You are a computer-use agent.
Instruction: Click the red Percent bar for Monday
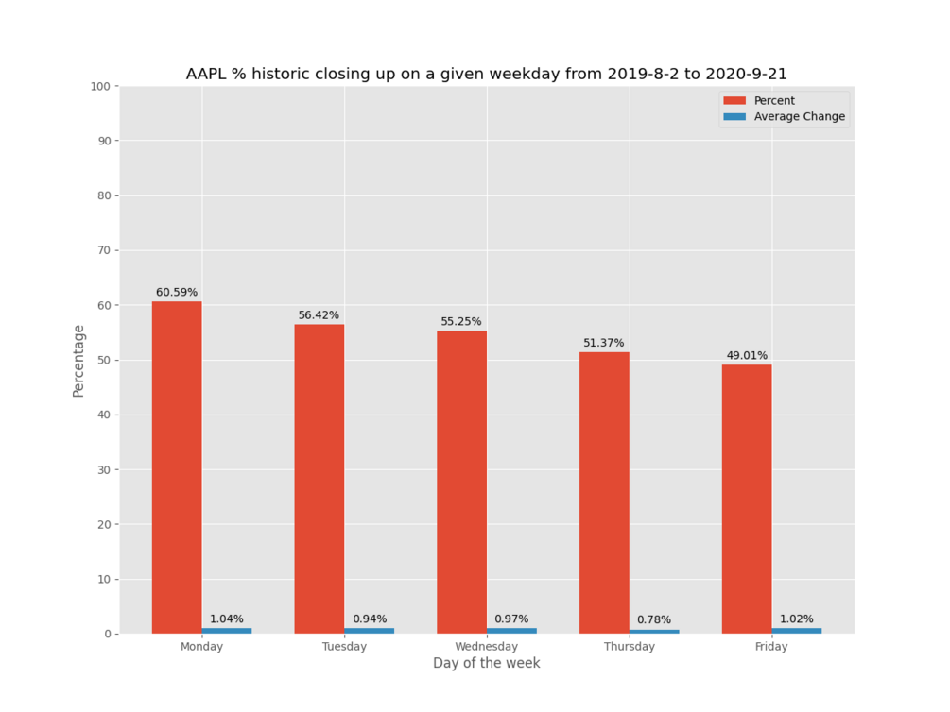(177, 467)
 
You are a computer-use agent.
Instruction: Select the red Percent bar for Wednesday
(461, 482)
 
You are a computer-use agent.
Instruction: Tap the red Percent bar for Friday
(747, 499)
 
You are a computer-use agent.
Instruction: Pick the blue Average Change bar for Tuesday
(369, 631)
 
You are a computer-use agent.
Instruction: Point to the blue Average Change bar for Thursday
(654, 632)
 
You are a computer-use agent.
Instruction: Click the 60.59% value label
(177, 293)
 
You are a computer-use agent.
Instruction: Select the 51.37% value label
(604, 343)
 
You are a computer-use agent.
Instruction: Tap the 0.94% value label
(370, 619)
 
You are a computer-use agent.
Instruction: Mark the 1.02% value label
(796, 619)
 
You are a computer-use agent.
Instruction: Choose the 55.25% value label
(461, 321)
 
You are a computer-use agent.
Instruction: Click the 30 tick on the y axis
(106, 469)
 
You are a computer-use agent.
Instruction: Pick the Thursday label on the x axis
(629, 647)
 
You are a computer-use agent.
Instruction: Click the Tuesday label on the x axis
(344, 647)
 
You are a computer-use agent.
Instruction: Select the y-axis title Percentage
(79, 360)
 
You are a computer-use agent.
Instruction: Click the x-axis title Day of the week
(487, 664)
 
